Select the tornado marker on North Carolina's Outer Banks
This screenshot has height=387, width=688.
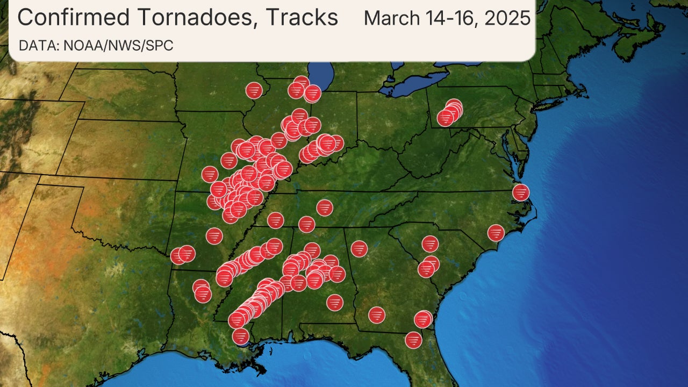point(520,192)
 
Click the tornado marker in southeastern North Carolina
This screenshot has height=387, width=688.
point(496,233)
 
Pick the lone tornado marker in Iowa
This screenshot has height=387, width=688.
point(254,90)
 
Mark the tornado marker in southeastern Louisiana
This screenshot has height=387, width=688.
point(241,336)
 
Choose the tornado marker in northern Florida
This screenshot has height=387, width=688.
point(413,340)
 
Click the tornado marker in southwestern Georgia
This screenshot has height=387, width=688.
point(377,314)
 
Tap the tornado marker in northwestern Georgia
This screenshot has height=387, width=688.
point(359,248)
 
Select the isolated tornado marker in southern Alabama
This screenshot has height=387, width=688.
point(335,302)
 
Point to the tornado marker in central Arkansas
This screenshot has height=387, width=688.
point(214,235)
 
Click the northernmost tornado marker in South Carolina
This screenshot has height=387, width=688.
point(429,243)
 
